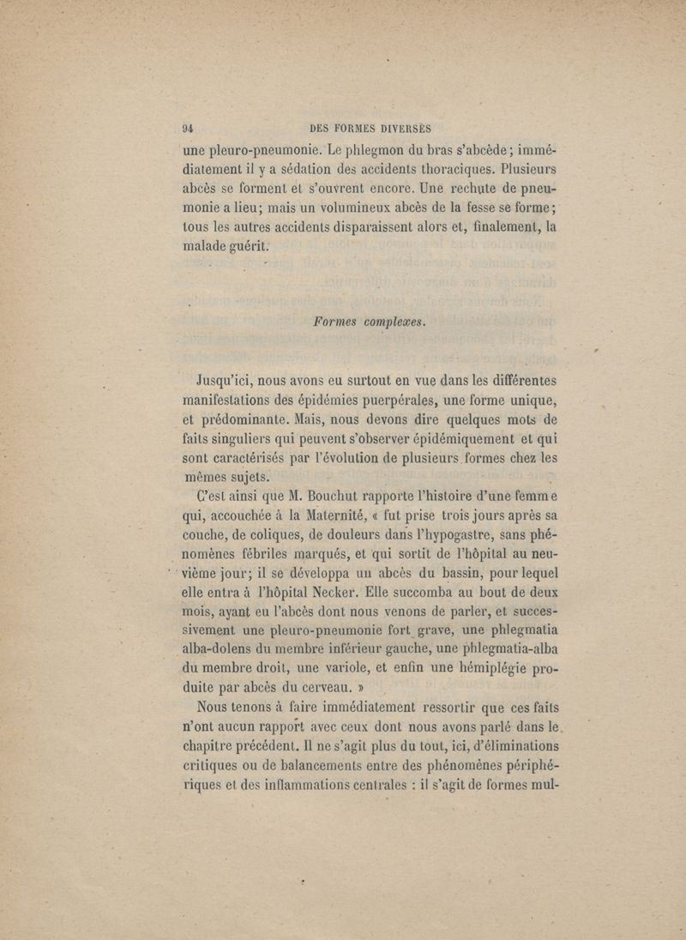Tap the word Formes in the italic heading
(x=341, y=322)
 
